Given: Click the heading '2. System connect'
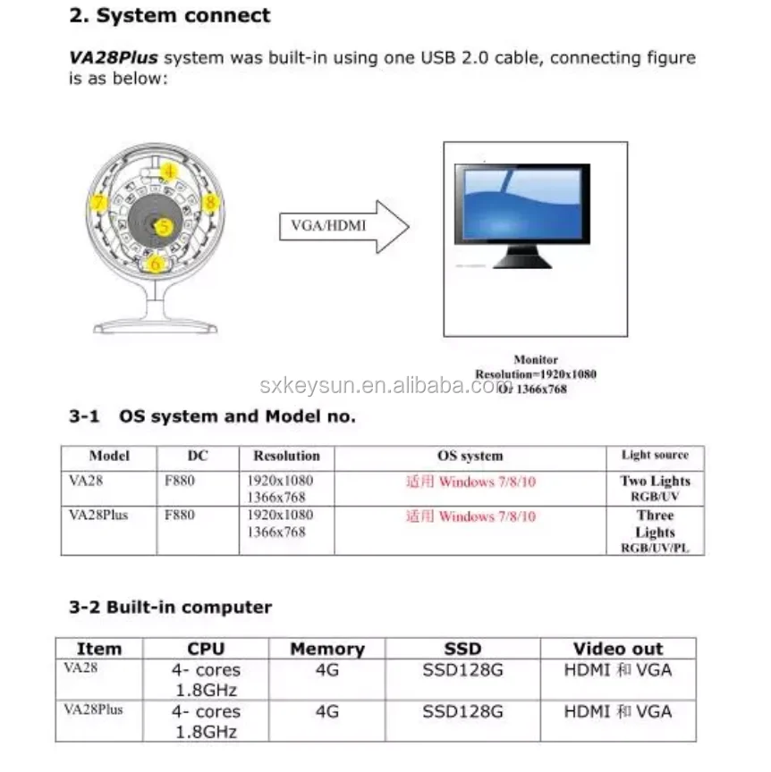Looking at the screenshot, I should [x=170, y=16].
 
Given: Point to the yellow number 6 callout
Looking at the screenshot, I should [x=157, y=264].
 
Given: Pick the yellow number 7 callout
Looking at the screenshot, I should [x=99, y=204].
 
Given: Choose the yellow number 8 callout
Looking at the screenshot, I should [x=210, y=203].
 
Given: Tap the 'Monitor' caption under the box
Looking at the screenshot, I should [x=536, y=359].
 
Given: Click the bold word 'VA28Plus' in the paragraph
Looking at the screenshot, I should [x=114, y=58].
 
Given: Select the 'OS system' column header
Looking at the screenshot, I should [x=470, y=456].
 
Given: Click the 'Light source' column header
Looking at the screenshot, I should [x=655, y=455].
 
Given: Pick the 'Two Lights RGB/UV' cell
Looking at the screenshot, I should [x=655, y=488].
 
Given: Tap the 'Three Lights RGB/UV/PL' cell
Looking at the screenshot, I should [x=655, y=532].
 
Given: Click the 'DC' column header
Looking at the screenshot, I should [x=198, y=456].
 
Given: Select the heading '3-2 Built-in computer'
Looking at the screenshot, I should [x=170, y=608].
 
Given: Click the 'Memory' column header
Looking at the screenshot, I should [x=327, y=649].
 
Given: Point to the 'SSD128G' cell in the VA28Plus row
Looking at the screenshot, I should [x=462, y=712].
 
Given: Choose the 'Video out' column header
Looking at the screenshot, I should [x=618, y=649].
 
